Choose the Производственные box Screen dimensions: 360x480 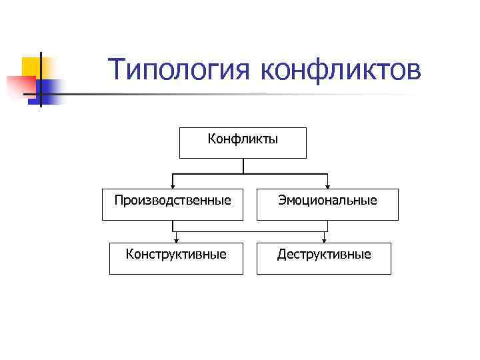(173, 204)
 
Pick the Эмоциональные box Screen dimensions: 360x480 (327, 204)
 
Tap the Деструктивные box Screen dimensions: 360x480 (324, 258)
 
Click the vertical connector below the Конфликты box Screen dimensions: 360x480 (243, 166)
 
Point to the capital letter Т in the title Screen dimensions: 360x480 (116, 69)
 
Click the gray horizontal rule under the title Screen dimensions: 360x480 (267, 95)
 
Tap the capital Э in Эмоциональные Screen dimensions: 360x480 (281, 200)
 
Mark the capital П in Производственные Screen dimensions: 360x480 (119, 200)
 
